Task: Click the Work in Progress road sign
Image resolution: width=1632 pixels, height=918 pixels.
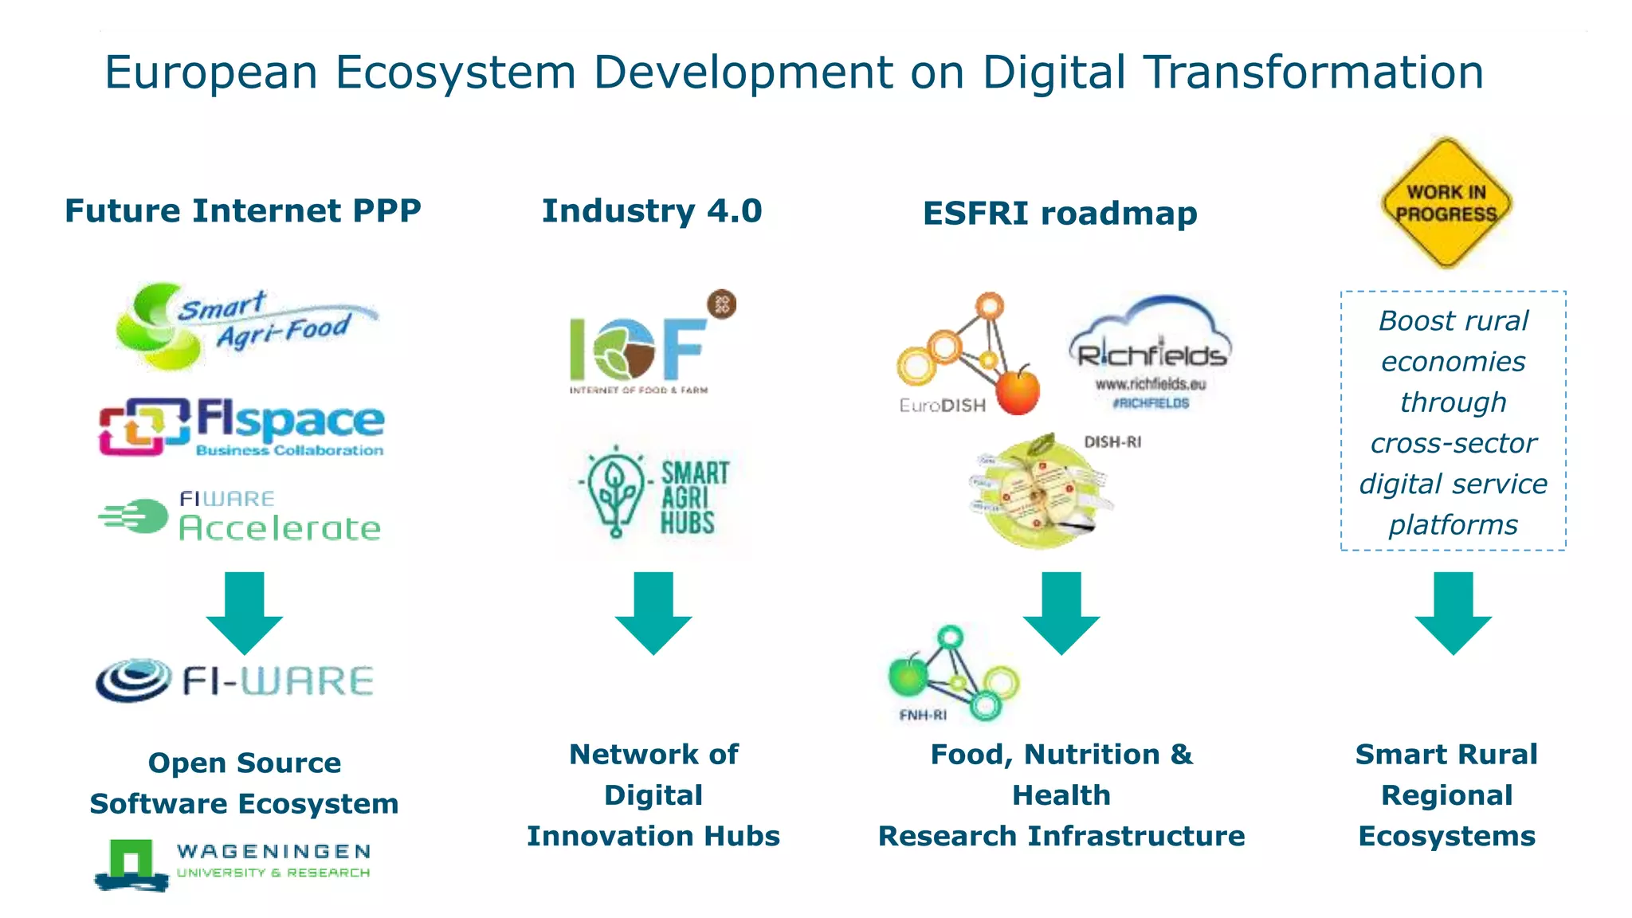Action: [1446, 202]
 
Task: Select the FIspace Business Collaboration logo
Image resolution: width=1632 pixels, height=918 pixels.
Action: [241, 427]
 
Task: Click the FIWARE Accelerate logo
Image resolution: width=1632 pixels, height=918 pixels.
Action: [239, 516]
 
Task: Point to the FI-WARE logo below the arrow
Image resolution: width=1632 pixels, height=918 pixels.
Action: [233, 681]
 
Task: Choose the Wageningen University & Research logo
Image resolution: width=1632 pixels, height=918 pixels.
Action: [232, 863]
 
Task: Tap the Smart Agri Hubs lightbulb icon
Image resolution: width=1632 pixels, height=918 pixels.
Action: [614, 492]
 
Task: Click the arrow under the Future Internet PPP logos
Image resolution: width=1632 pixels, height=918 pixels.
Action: [245, 612]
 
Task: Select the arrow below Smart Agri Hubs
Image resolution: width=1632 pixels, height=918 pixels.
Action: [653, 612]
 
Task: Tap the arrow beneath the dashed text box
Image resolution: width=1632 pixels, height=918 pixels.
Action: [1453, 612]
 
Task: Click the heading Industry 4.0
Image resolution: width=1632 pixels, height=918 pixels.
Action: [652, 211]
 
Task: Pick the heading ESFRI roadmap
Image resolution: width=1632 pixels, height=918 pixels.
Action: [1060, 214]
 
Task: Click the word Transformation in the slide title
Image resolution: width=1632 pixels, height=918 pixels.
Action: [1313, 73]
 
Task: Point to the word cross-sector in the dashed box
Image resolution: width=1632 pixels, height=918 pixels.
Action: [1453, 443]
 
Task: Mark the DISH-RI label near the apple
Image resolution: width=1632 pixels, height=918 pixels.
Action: [1112, 442]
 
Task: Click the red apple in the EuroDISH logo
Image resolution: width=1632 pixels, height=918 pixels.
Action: [1018, 390]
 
